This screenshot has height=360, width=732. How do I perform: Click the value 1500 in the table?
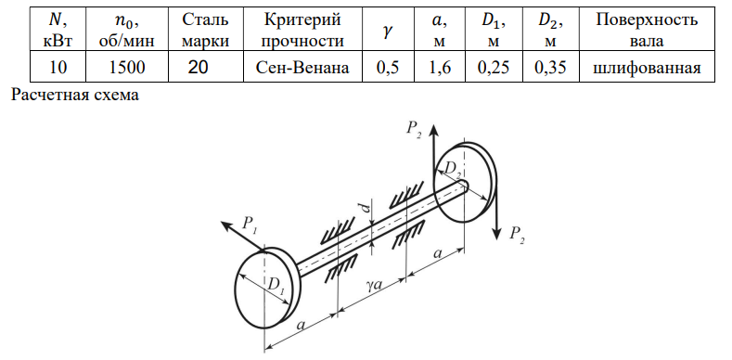pos(126,68)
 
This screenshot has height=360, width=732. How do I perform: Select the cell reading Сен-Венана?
pos(302,68)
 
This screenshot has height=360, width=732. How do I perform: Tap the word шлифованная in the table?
pos(647,68)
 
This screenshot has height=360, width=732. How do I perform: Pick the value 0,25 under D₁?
pos(494,68)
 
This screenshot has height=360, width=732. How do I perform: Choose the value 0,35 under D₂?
pos(551,68)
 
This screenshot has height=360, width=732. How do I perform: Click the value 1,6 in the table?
pos(440,68)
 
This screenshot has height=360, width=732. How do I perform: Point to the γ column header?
pos(388,32)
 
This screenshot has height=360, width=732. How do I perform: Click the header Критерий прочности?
pos(302,31)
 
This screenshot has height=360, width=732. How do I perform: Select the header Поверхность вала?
pos(647,31)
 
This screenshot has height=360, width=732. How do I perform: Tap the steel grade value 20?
pos(198,68)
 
